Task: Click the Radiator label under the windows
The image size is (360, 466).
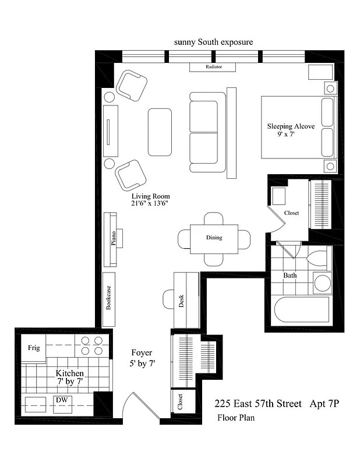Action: point(213,67)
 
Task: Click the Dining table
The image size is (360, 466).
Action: point(214,238)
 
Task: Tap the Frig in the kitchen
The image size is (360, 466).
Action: point(34,348)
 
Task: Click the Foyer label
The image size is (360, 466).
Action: point(142,353)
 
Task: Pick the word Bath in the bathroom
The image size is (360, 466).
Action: point(290,275)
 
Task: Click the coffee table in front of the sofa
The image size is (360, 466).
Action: point(160,132)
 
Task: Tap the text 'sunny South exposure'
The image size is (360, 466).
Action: point(213,43)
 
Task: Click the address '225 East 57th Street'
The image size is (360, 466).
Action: point(258,403)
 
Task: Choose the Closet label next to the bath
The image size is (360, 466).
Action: point(291,213)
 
